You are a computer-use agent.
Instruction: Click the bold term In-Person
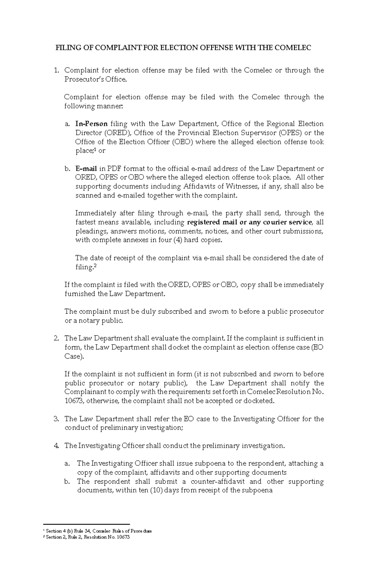[x=91, y=124]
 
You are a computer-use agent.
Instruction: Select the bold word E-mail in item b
[x=86, y=169]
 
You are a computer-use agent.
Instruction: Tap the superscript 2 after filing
[x=95, y=266]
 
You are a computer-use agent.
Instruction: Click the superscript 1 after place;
[x=95, y=149]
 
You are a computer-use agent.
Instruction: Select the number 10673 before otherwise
[x=74, y=401]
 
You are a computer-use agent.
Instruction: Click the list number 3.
[x=56, y=419]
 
